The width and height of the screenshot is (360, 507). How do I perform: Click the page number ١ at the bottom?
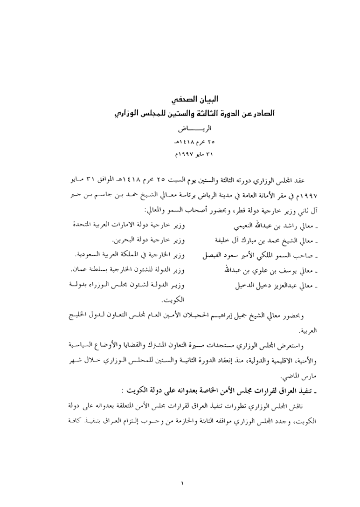tap(182, 484)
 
